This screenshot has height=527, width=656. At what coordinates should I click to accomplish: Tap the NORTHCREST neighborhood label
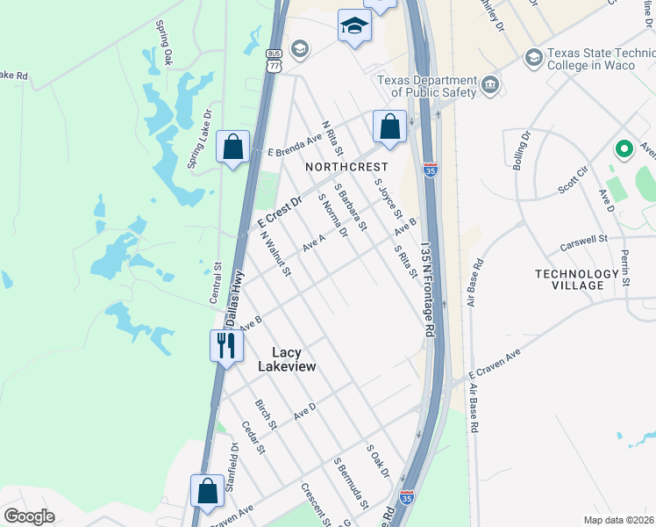346,166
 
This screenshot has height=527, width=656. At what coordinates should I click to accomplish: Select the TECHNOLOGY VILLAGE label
582,279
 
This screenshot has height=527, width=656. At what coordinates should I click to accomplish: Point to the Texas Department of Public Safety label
425,86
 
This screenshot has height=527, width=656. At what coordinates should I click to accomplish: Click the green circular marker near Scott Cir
624,149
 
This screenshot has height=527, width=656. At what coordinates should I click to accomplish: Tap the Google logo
29,516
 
